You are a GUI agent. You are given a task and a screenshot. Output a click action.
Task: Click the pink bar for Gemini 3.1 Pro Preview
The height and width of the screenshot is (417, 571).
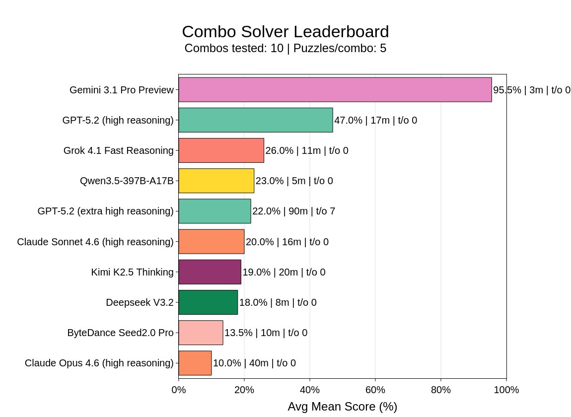point(335,90)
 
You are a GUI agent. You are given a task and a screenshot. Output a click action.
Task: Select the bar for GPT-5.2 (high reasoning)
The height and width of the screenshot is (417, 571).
point(255,120)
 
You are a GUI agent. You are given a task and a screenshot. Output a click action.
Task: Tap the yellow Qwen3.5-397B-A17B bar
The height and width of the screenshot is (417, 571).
point(216,181)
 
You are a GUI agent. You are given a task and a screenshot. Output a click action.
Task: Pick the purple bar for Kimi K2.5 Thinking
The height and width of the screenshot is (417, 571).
point(210,272)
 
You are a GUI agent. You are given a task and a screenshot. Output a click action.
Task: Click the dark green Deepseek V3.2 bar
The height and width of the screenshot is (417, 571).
point(208,302)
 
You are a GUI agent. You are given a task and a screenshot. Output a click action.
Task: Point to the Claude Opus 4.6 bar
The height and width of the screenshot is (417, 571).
point(195,363)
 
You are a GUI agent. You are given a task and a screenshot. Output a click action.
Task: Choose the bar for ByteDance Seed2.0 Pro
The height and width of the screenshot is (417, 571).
point(201,333)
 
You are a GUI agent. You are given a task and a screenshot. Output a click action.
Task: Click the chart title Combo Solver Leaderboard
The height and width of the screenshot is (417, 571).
point(285,32)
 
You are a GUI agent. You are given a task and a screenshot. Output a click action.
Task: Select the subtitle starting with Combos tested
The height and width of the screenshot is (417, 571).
point(285,49)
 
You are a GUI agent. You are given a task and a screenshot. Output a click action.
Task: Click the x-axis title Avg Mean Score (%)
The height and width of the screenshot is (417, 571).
point(342,407)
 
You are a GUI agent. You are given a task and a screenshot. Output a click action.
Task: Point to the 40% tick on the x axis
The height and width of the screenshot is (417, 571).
point(310,390)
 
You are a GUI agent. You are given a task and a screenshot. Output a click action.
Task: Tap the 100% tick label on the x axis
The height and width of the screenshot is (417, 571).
point(506,390)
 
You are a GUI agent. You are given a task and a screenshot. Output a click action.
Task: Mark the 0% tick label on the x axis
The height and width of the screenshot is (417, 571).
point(179,390)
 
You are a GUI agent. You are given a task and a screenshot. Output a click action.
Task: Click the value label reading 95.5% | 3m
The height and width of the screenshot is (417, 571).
point(531,90)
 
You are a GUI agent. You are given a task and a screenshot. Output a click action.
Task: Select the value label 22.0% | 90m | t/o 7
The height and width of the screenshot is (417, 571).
point(293,211)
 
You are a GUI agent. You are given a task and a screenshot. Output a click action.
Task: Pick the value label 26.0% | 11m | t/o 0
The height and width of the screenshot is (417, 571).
point(306,151)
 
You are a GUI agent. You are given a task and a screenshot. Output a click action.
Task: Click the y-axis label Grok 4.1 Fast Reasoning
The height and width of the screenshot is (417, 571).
point(119,151)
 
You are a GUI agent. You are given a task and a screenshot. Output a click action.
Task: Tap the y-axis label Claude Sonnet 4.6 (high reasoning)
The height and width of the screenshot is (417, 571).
point(95,242)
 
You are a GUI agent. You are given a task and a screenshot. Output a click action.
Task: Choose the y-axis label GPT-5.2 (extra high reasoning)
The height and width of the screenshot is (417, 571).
point(106,211)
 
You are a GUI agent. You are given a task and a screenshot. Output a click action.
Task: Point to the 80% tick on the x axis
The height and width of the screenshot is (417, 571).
point(441,390)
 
